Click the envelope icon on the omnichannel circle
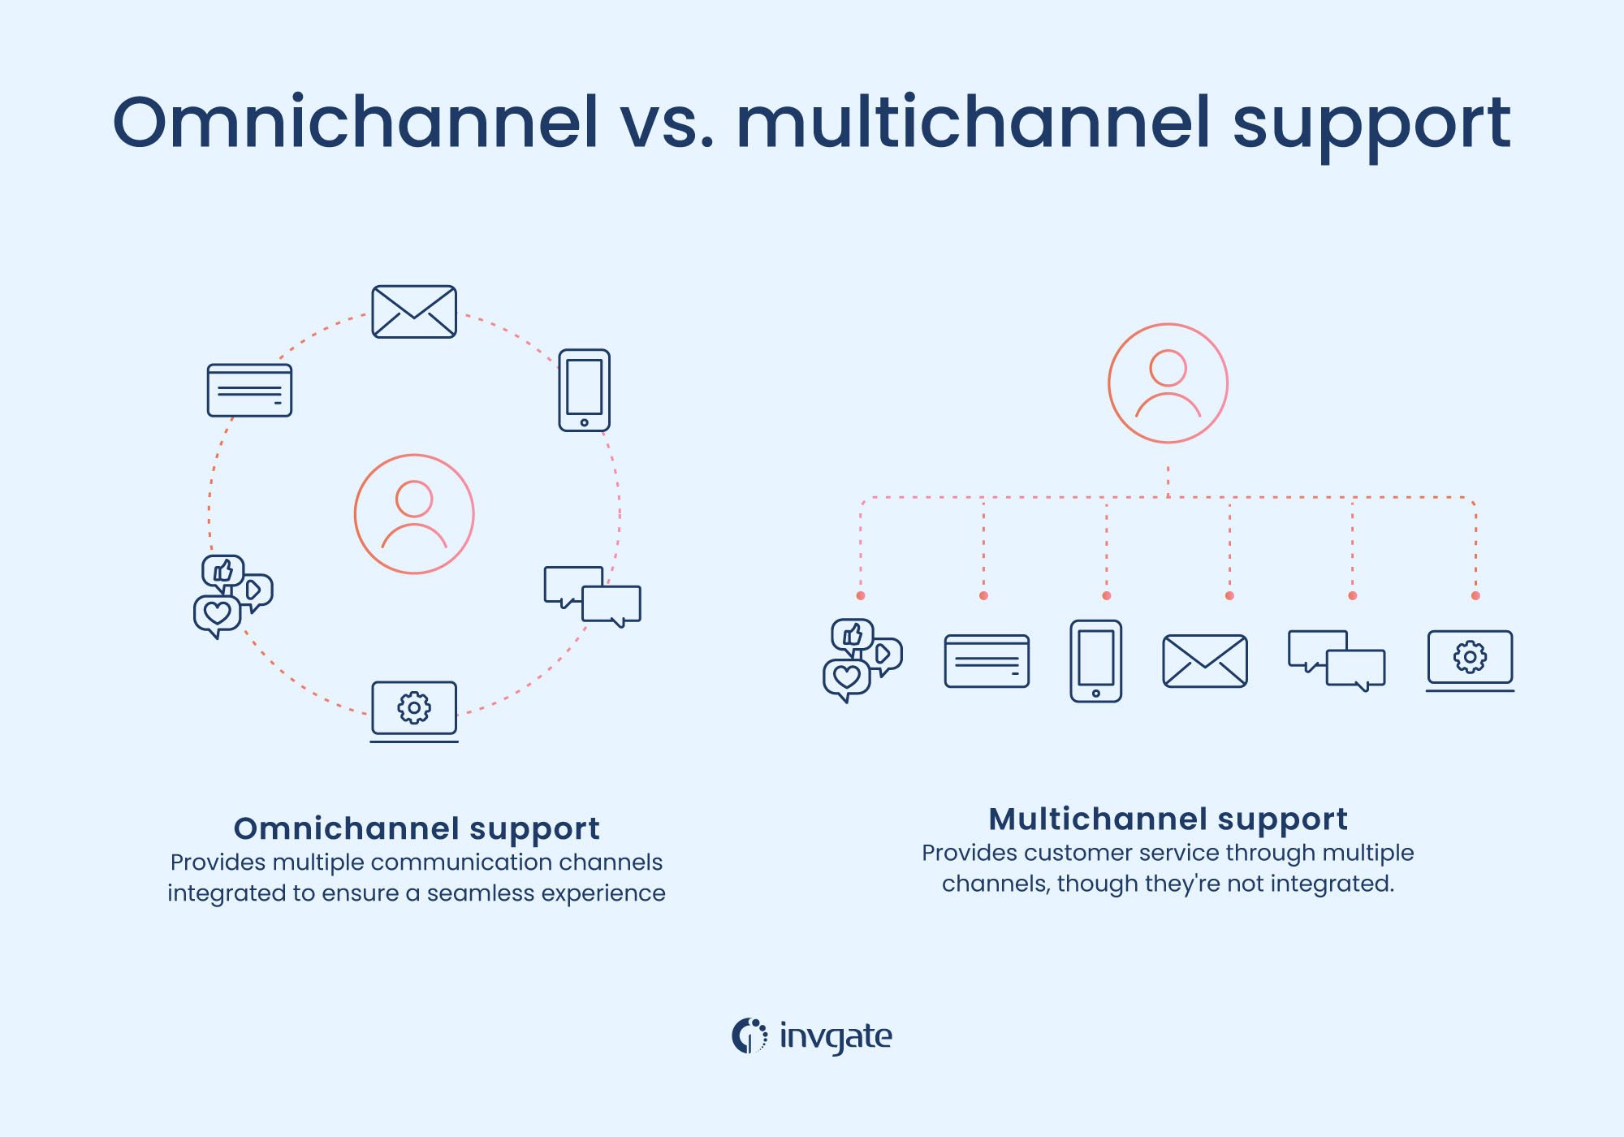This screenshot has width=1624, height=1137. (414, 311)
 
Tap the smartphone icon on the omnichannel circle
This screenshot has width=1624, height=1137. (584, 391)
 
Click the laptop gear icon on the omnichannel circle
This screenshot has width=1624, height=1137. (414, 710)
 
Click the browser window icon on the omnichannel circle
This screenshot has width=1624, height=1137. (249, 391)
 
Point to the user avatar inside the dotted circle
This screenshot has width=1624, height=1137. (414, 514)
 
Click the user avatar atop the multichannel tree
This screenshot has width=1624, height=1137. (1168, 383)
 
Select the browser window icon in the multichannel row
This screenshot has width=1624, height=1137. (987, 661)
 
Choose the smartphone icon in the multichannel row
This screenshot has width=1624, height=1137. (1095, 661)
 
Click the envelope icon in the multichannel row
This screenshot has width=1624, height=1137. (1205, 661)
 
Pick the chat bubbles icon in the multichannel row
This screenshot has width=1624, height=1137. (1337, 660)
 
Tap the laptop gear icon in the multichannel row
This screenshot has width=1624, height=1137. (1470, 659)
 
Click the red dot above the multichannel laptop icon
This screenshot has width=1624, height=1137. (1475, 596)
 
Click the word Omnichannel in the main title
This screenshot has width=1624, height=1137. (355, 123)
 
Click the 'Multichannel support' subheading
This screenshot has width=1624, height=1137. (1168, 819)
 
